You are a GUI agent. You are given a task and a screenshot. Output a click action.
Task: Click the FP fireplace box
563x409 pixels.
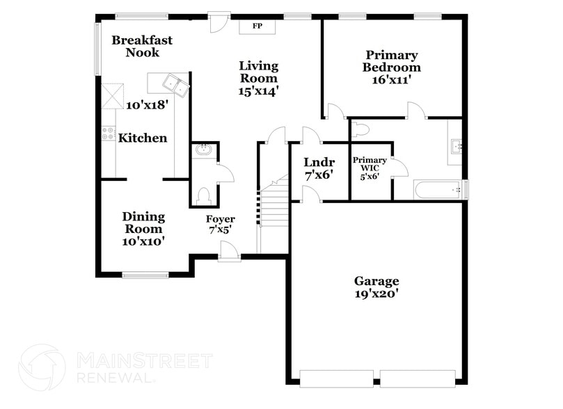point(257,26)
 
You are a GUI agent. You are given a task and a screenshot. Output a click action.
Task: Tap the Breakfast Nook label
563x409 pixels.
point(142,47)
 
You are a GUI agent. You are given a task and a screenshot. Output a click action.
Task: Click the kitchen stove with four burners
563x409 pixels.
point(108,133)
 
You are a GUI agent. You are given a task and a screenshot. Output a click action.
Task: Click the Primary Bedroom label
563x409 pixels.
point(392,67)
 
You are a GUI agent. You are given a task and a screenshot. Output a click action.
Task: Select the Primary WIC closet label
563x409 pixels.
point(370,168)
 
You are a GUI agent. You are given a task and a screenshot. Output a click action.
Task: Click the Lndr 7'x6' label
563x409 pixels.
point(319,169)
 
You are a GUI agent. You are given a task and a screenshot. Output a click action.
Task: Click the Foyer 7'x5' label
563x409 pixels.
point(220,224)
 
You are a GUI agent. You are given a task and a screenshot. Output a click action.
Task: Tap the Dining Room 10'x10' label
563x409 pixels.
point(143,229)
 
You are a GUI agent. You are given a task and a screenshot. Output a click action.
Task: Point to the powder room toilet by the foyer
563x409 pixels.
point(203,196)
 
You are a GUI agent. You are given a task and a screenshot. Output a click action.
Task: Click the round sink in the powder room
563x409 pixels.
point(204,150)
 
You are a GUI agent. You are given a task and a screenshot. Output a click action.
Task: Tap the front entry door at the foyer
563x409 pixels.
point(228,252)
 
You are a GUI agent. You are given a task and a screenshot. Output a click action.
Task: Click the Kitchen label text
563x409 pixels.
point(143,138)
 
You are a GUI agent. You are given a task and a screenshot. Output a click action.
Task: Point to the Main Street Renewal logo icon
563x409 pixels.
point(42,367)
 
